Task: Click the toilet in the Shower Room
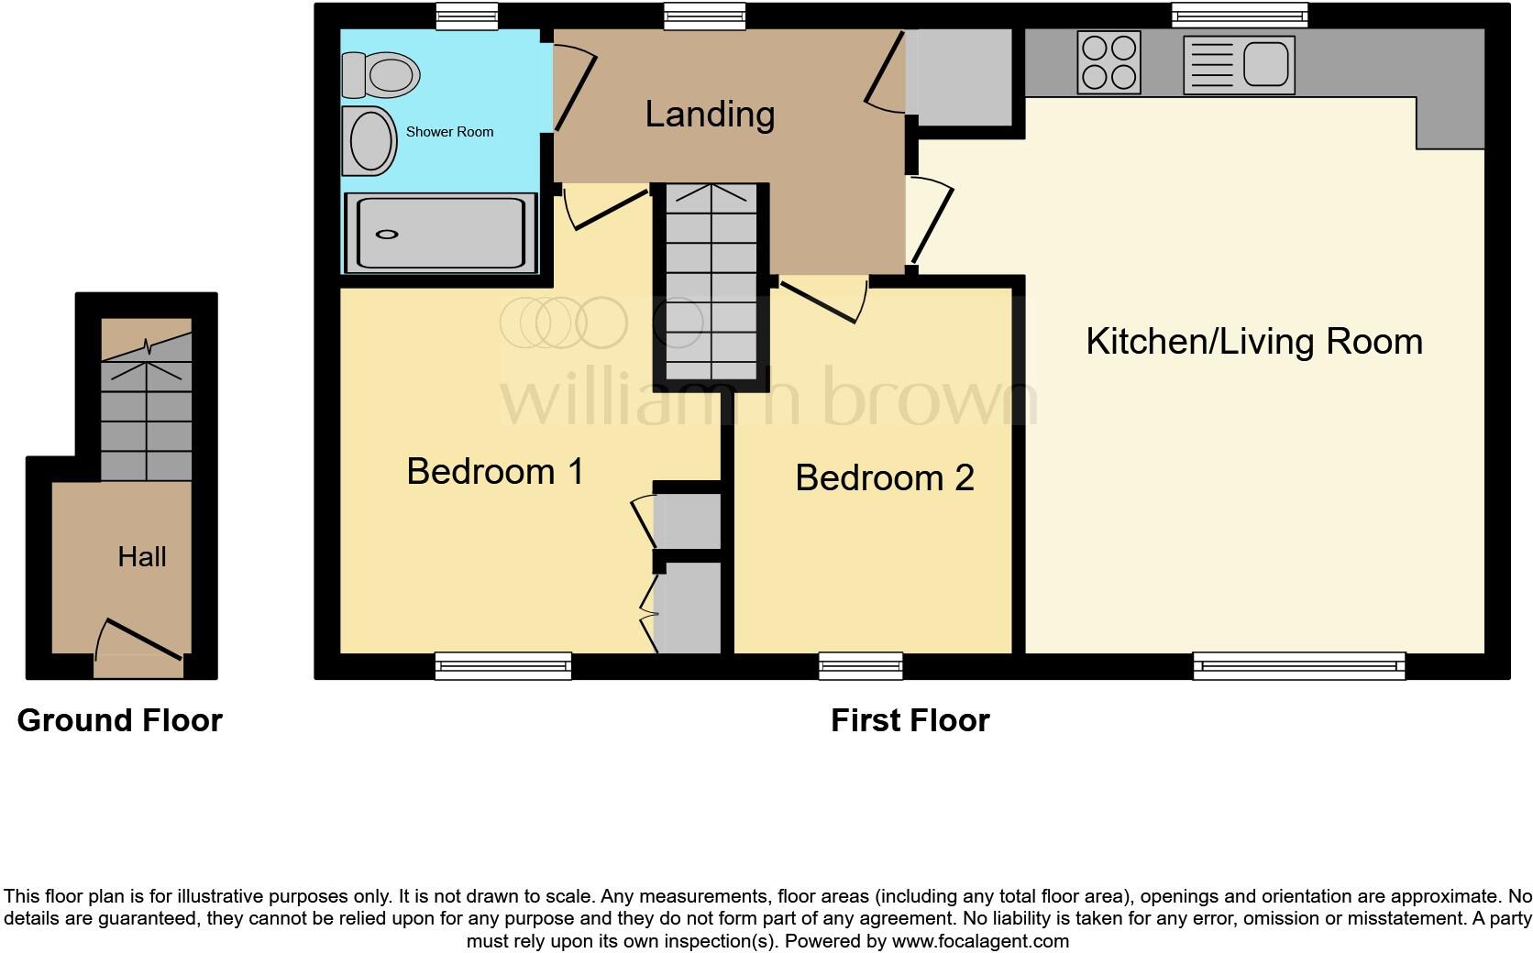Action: [x=380, y=74]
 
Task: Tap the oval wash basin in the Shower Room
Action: [x=369, y=141]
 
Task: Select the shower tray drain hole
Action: [x=387, y=235]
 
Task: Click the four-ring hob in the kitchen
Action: [x=1109, y=62]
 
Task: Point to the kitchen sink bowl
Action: [x=1266, y=65]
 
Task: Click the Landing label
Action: [x=710, y=115]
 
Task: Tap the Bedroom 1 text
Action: [x=495, y=471]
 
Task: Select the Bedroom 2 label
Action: [x=884, y=477]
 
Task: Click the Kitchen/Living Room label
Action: [x=1253, y=341]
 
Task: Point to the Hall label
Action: [x=142, y=556]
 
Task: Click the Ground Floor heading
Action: [x=119, y=720]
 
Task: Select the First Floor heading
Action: [x=910, y=720]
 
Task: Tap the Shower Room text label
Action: [x=449, y=132]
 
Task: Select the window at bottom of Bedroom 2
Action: [x=860, y=666]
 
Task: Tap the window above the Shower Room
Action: [x=467, y=16]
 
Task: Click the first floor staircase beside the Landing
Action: [x=711, y=284]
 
